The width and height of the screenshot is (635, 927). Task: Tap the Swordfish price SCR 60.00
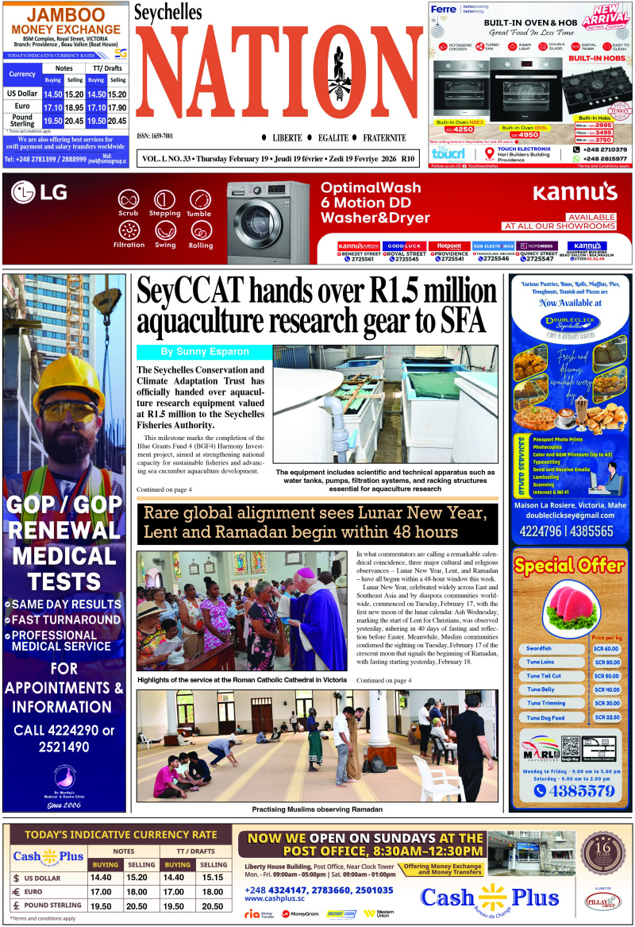(x=606, y=649)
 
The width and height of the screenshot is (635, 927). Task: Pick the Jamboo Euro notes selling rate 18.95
(x=74, y=107)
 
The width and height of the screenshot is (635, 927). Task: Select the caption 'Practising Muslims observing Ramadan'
(x=317, y=809)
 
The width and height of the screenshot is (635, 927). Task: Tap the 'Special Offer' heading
(x=568, y=566)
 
